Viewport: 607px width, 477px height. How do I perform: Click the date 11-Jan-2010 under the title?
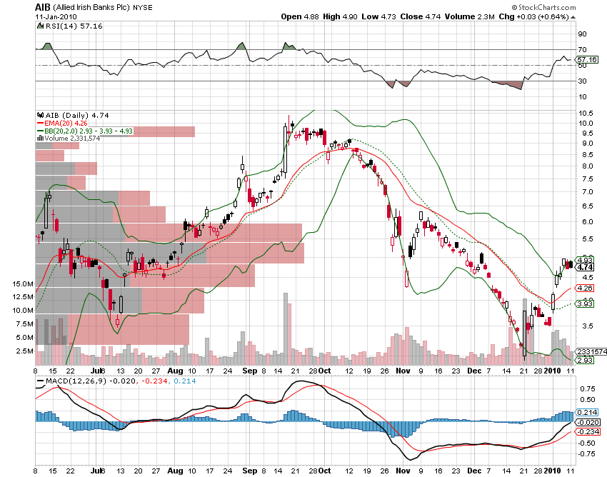[x=55, y=16]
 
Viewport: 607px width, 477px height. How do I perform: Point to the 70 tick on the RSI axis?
[x=582, y=49]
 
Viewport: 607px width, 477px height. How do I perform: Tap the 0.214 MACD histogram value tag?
[x=586, y=413]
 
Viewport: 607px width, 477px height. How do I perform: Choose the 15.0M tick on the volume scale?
[x=24, y=284]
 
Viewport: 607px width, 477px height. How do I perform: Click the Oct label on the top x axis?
[x=324, y=371]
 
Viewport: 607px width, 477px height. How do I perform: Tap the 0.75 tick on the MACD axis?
[x=586, y=388]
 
